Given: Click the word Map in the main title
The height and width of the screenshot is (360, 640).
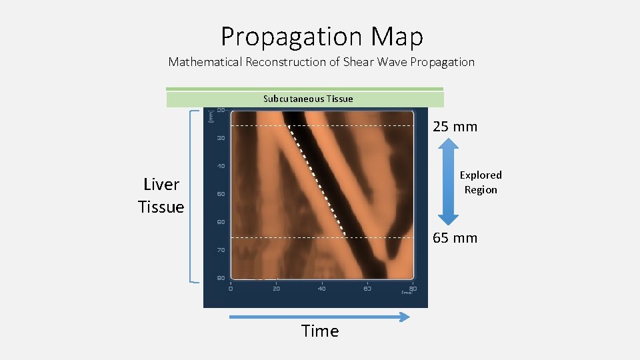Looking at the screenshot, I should coord(398,37).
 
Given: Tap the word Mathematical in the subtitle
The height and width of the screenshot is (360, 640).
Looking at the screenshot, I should coord(205,62).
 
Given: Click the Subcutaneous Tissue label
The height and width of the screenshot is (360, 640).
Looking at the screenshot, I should coord(308,99).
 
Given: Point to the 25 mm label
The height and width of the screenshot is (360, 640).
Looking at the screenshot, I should coord(455,127).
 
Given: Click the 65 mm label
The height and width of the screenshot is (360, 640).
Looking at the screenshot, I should coord(455,238).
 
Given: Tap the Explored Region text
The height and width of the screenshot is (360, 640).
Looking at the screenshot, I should coord(481,182).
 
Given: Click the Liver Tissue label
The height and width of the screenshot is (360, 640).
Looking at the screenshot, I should coord(161,195).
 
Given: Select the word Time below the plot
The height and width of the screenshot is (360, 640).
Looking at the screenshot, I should coord(320,331).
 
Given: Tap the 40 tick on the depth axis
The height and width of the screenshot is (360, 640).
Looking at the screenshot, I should coord(221,166).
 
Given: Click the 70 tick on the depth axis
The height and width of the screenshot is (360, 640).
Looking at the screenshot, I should coord(221,249).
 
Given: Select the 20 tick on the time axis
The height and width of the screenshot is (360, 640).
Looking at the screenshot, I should coord(276,289).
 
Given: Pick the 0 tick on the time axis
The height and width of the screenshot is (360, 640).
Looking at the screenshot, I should coord(231,289).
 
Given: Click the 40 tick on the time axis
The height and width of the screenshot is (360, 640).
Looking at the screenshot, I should coord(321,289).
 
